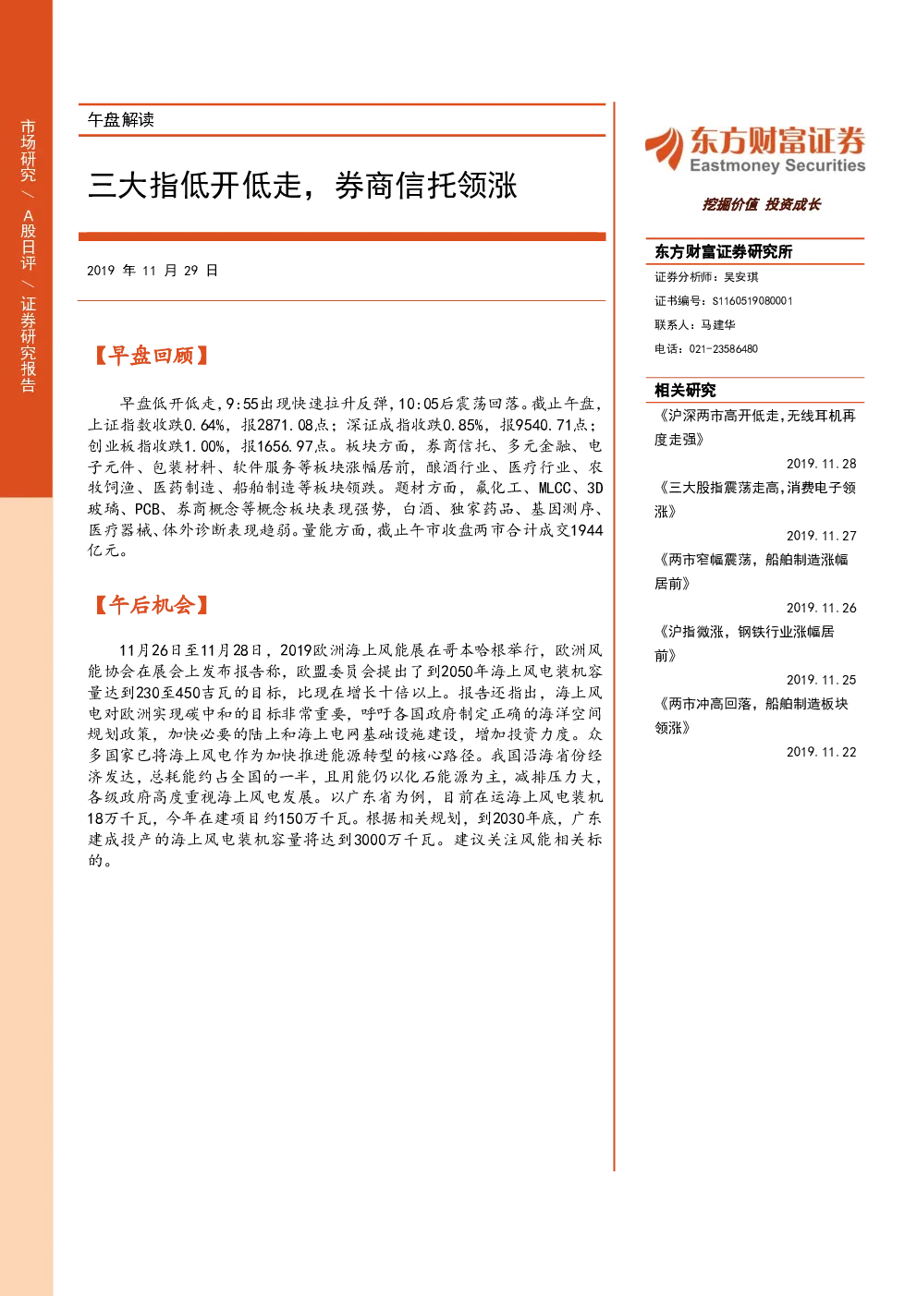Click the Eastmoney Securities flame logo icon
[665, 148]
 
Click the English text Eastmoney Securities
[776, 165]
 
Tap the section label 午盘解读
[120, 120]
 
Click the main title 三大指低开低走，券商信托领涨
[302, 186]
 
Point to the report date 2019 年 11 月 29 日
[153, 271]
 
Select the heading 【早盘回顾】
[151, 356]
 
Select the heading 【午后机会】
[151, 605]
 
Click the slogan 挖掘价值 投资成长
[762, 204]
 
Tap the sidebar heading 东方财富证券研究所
[723, 251]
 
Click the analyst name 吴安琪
[741, 277]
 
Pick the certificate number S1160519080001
[752, 301]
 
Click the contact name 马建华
[718, 325]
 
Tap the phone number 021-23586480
[723, 349]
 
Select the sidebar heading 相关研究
[685, 391]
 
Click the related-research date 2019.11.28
[821, 464]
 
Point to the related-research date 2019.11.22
[821, 752]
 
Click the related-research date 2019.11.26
[821, 608]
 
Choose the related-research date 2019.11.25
[821, 681]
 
